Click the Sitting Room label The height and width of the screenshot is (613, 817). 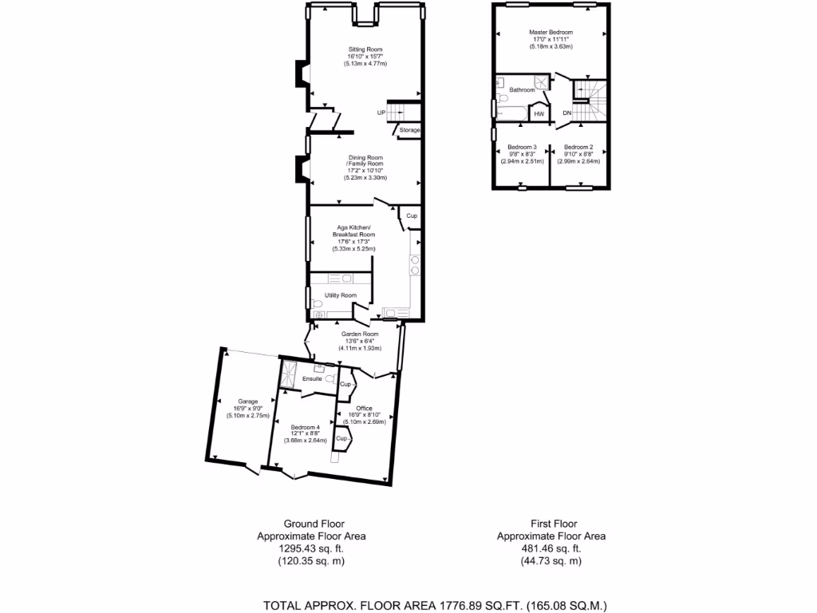point(365,49)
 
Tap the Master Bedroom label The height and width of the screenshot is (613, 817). point(551,33)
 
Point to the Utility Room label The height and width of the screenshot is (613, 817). point(340,295)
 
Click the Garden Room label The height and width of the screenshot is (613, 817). point(354,334)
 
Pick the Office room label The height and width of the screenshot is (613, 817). point(364,409)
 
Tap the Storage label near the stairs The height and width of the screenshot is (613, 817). point(409,130)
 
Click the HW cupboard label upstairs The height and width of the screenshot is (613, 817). point(539,114)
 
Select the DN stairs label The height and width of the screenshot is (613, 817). point(566,113)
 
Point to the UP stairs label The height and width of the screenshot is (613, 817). point(381,113)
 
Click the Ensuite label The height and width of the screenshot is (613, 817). point(312,378)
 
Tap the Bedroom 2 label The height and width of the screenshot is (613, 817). point(578,147)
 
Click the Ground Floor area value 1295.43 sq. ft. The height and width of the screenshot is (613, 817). point(311,548)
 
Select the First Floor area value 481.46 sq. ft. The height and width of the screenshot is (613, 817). point(551,548)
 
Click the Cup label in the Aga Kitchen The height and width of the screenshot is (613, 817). point(412,216)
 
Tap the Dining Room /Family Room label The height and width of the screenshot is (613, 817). point(365,160)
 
